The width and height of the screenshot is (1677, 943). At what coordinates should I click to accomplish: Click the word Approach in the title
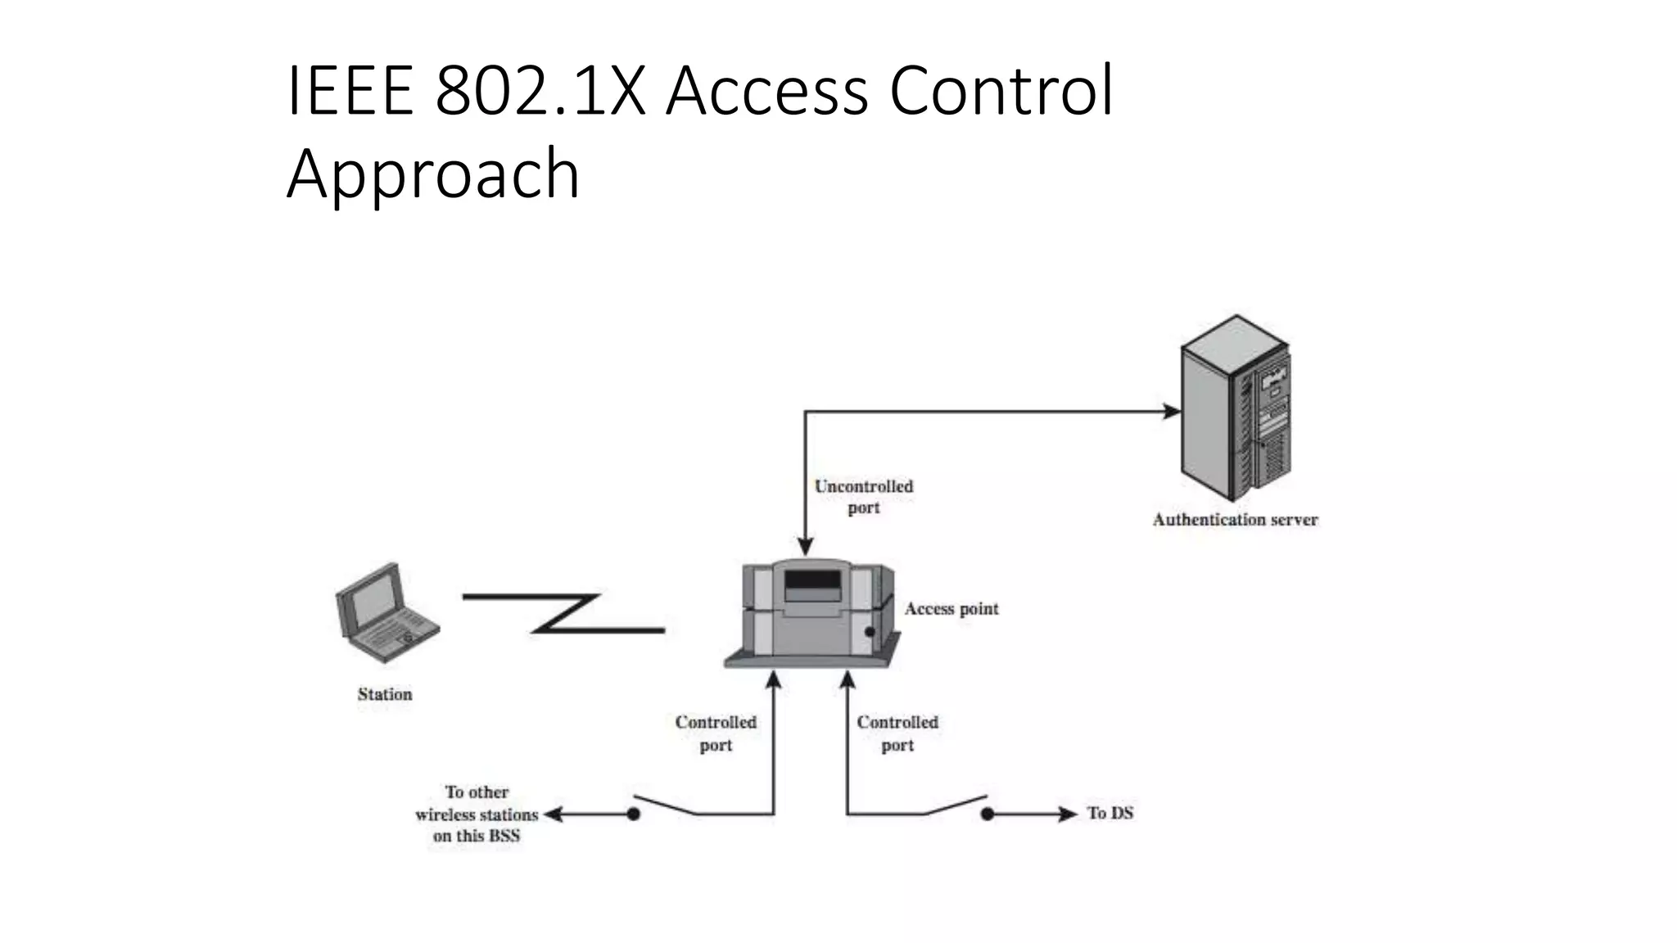tap(433, 174)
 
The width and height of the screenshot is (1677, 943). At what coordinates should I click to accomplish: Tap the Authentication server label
tap(1235, 520)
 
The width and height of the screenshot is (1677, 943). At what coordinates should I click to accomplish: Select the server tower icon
tap(1235, 409)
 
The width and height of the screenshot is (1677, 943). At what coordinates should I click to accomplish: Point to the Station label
tap(385, 694)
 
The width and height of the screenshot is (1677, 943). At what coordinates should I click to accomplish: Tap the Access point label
tap(952, 609)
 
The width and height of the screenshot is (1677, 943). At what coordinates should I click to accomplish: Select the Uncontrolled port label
tap(863, 497)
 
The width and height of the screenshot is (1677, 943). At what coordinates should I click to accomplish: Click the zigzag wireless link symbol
tap(565, 613)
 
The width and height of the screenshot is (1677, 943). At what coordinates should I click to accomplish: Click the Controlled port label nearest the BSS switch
tap(716, 733)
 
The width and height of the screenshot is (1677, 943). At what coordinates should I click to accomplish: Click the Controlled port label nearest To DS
tap(897, 733)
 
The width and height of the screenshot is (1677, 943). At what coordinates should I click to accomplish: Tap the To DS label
tap(1110, 813)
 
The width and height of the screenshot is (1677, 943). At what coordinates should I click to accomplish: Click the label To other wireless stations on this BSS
tap(477, 814)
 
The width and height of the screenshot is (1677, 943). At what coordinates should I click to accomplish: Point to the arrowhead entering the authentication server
tap(1172, 412)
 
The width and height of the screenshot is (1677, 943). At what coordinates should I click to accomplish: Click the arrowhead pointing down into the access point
tap(806, 547)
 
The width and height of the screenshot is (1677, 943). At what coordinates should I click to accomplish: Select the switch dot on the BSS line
tap(633, 814)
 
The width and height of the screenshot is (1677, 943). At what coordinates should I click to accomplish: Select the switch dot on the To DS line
tap(988, 814)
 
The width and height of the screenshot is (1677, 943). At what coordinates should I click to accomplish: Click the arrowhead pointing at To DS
tap(1068, 814)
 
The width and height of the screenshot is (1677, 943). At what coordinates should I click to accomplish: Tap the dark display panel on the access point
tap(812, 583)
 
